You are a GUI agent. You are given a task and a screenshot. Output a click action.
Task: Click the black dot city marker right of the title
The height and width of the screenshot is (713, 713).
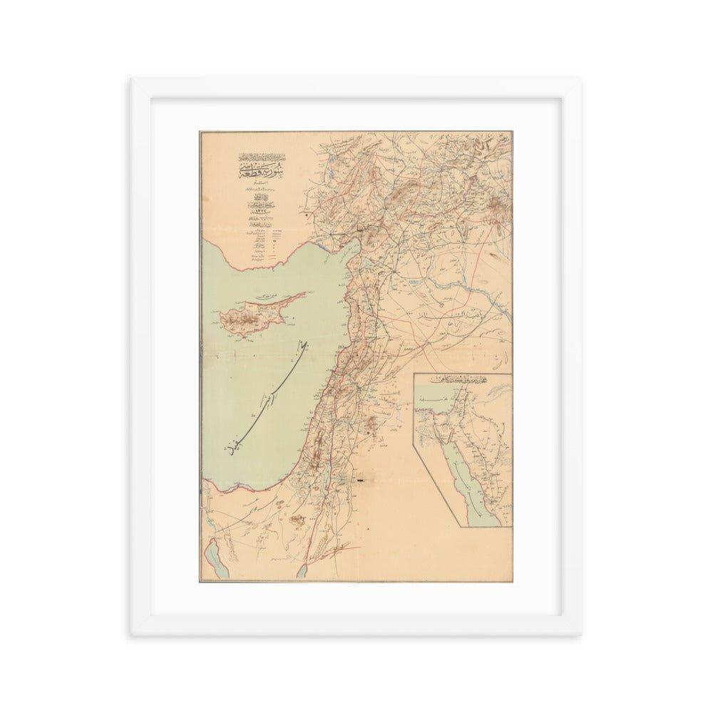(305, 212)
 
